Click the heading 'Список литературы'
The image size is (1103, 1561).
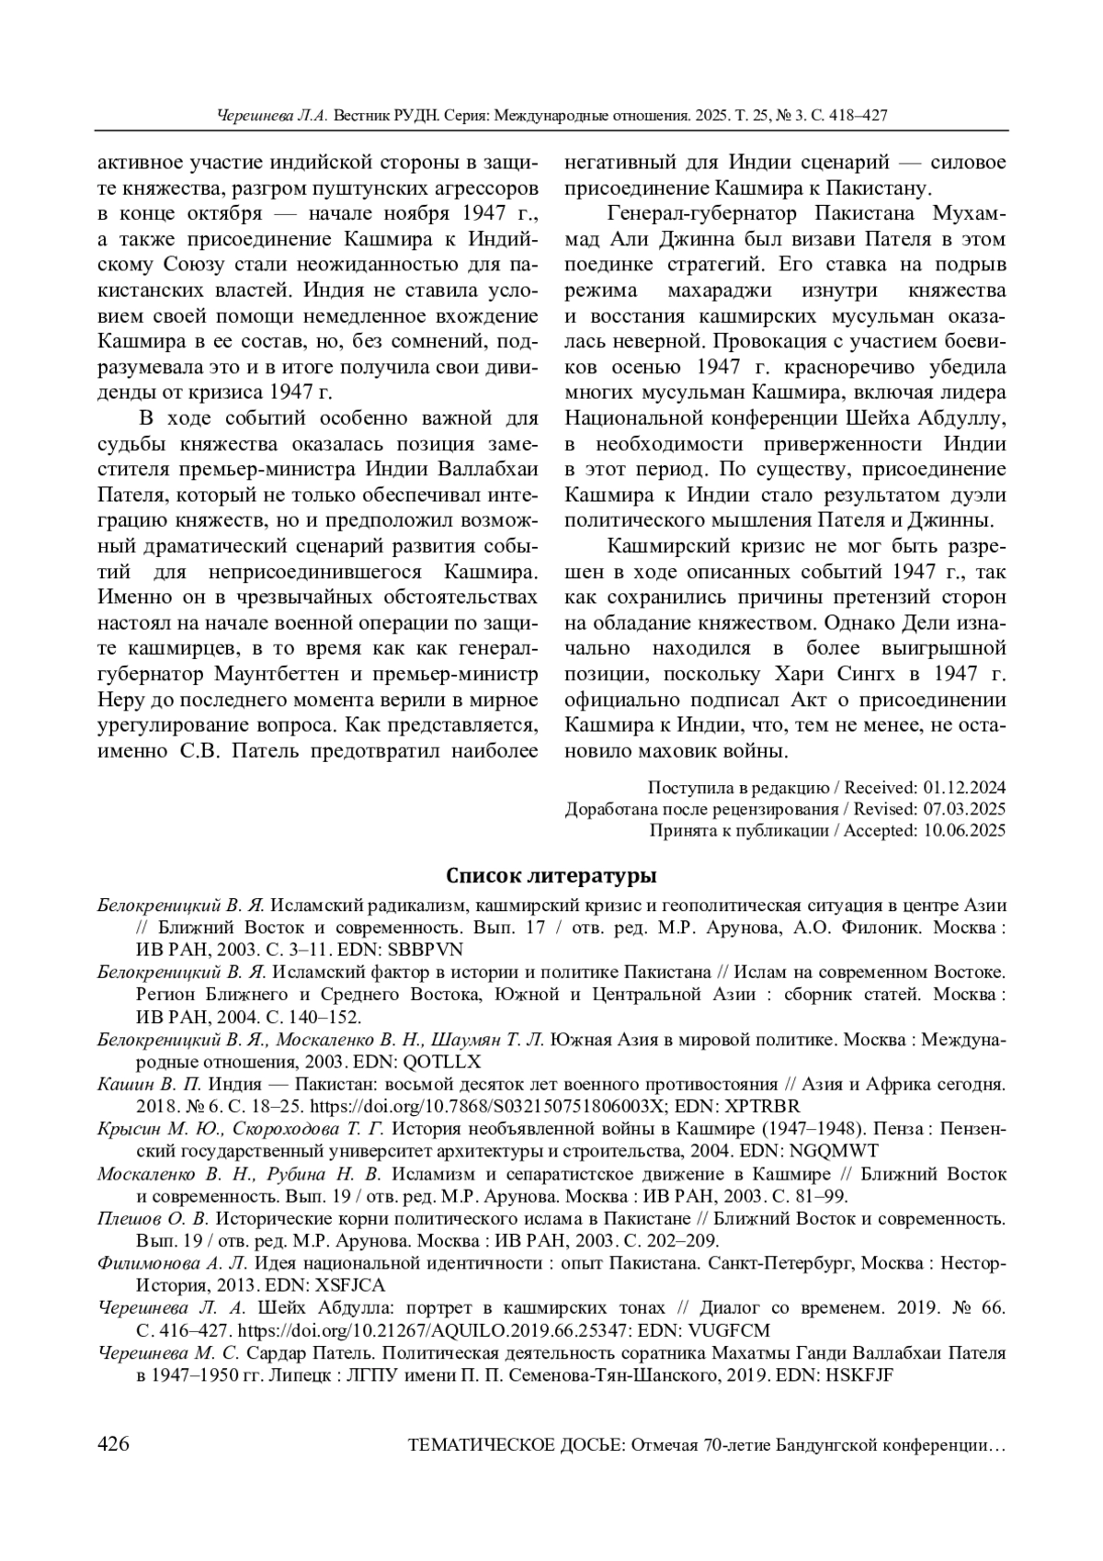tap(551, 872)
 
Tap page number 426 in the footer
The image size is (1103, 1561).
tap(113, 1444)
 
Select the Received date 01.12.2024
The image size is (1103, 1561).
tap(964, 788)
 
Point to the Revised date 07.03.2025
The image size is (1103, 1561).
tap(964, 809)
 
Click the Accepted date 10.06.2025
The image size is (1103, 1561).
tap(964, 830)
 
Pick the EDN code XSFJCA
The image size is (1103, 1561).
tap(350, 1285)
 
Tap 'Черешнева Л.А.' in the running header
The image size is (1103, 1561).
tap(272, 117)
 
